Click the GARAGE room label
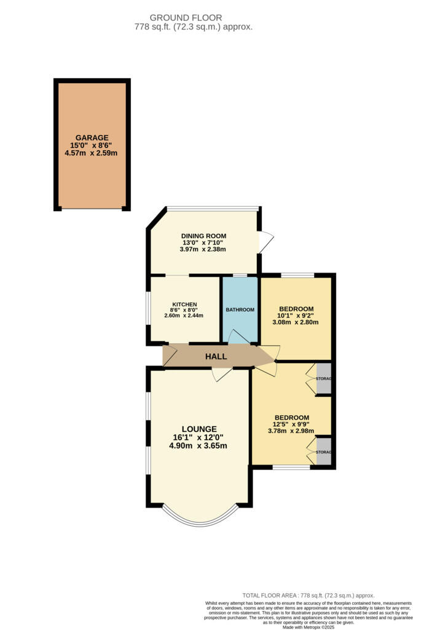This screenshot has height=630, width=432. (x=92, y=138)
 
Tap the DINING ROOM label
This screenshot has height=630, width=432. (x=203, y=236)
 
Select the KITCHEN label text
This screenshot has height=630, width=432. (x=184, y=305)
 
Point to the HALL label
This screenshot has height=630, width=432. (x=216, y=356)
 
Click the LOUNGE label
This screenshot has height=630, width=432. (x=198, y=429)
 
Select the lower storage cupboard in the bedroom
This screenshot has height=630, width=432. (x=324, y=452)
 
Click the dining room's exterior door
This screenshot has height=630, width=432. (x=265, y=241)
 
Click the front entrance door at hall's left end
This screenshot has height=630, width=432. (x=170, y=356)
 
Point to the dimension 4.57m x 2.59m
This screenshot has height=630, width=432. (x=92, y=153)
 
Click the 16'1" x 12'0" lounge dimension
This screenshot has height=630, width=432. (x=198, y=437)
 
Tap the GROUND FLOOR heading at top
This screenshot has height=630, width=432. (x=194, y=18)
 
